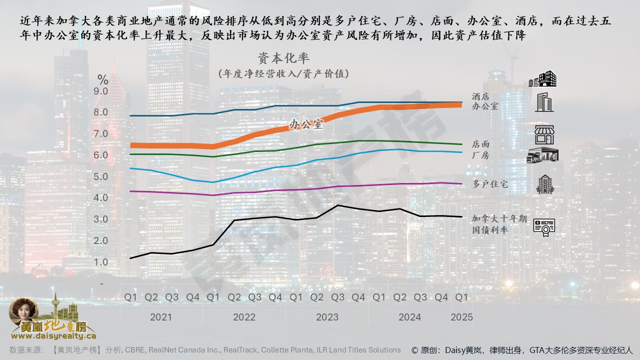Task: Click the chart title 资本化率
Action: click(x=283, y=58)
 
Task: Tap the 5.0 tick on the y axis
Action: click(x=100, y=176)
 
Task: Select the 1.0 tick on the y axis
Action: click(x=100, y=262)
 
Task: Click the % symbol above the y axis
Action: click(x=102, y=79)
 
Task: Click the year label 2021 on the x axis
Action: click(x=160, y=317)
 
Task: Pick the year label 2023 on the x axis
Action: click(x=327, y=317)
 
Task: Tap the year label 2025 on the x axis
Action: click(x=461, y=317)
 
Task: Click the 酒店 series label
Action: click(x=480, y=96)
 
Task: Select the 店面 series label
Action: click(x=480, y=144)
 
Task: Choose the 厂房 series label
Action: click(x=480, y=155)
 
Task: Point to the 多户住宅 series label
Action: click(x=490, y=184)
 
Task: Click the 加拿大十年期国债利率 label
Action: click(x=499, y=224)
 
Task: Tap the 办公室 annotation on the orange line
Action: click(x=306, y=124)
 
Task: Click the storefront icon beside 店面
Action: click(x=544, y=134)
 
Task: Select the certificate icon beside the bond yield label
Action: click(x=543, y=227)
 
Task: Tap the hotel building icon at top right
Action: click(x=542, y=79)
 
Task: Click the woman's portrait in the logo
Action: click(x=23, y=311)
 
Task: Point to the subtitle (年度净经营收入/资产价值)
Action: click(x=283, y=73)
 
